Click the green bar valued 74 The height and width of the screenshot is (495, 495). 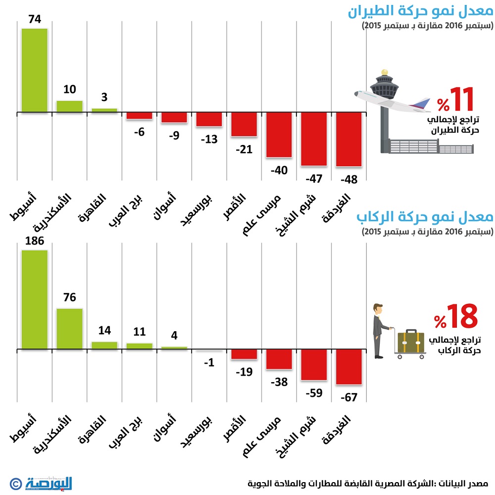click(34, 70)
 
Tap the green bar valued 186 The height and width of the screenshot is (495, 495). click(34, 299)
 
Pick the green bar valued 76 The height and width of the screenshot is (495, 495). click(69, 329)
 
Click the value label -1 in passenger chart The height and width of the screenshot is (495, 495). click(209, 362)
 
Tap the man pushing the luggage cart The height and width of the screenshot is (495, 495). click(379, 330)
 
